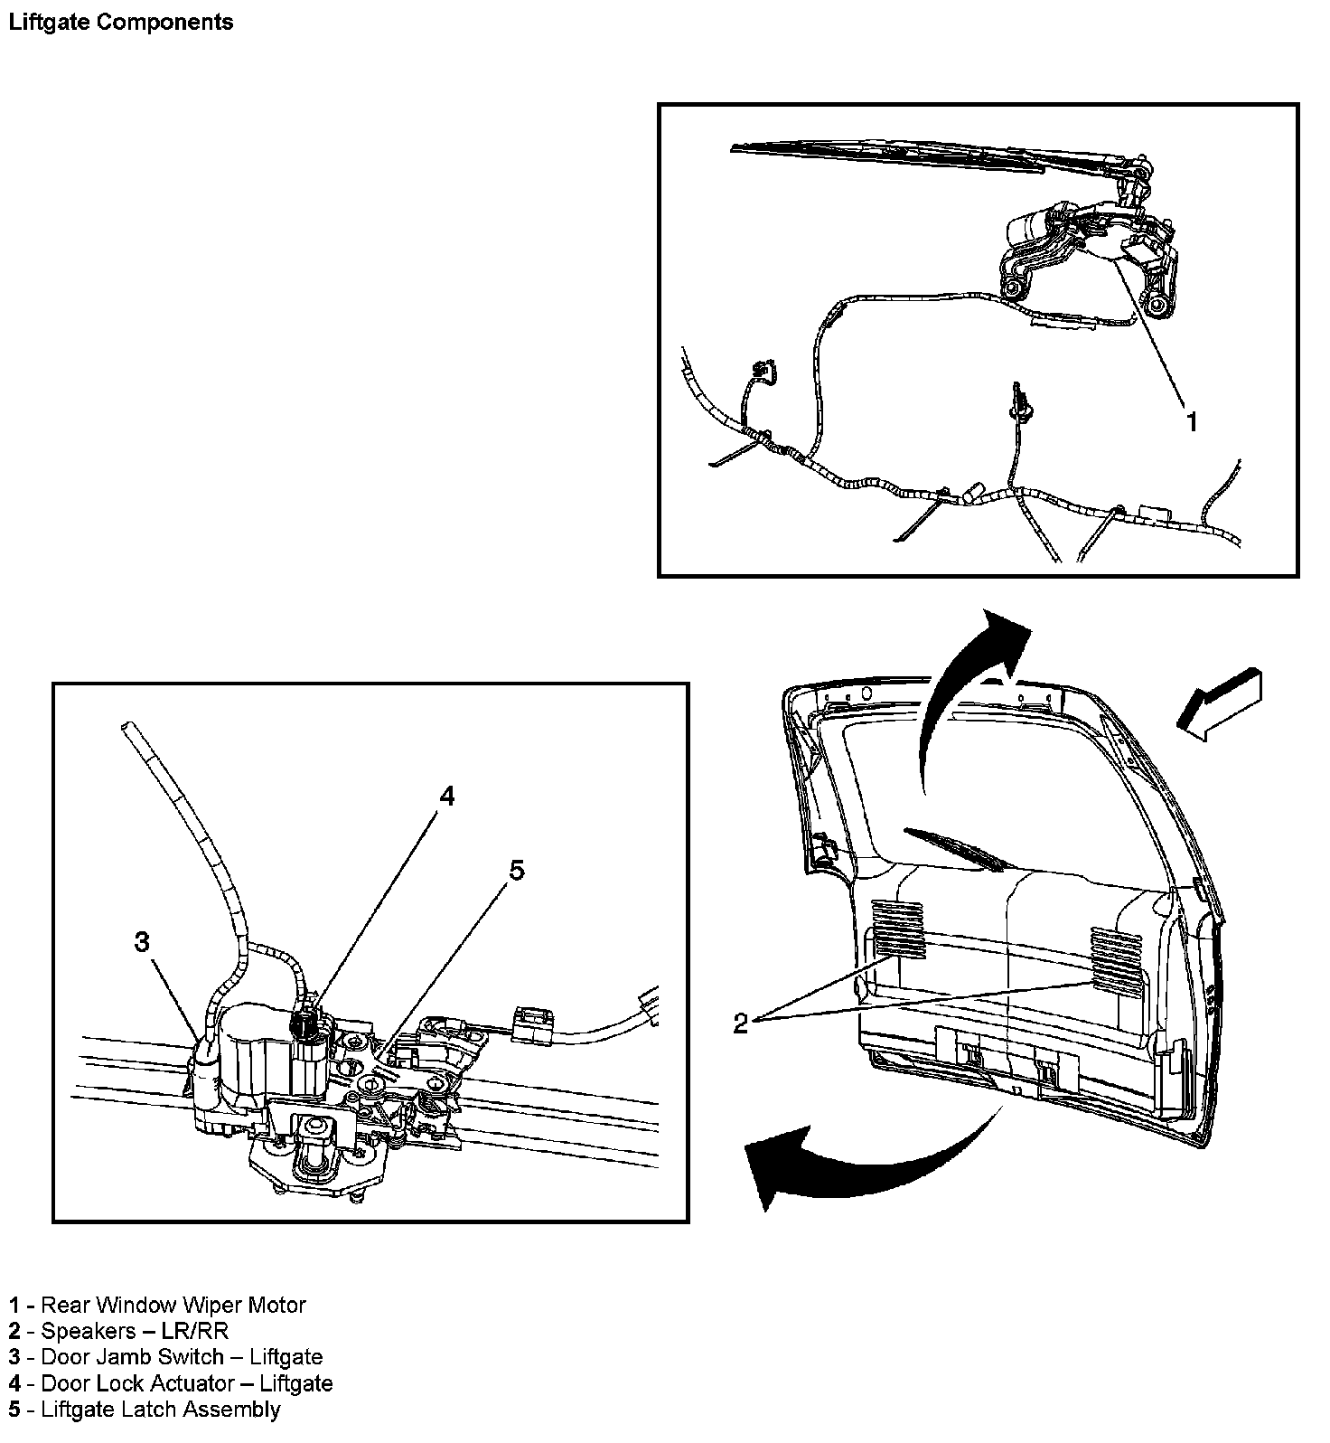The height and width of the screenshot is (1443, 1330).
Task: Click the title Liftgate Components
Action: (120, 22)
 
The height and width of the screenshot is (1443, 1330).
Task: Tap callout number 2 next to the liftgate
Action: (741, 1023)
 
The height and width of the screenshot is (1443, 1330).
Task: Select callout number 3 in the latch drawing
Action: (142, 942)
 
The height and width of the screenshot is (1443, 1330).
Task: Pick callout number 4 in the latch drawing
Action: (447, 796)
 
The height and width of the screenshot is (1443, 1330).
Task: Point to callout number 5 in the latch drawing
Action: (516, 871)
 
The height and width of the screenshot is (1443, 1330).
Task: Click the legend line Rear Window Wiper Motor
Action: (158, 1305)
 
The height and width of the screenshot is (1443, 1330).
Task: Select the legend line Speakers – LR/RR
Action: (119, 1331)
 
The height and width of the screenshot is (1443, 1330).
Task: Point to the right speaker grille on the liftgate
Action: (1116, 960)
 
